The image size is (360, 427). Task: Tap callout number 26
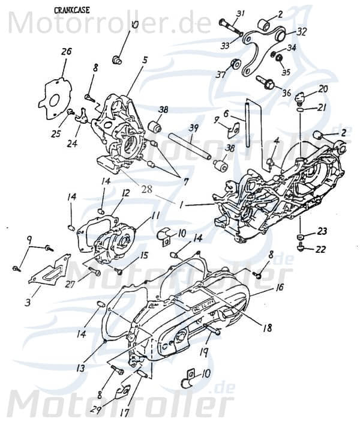(x=67, y=52)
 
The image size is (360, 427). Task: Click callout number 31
(x=241, y=14)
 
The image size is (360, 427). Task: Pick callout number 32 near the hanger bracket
(x=301, y=32)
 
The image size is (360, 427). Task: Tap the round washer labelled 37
(x=236, y=64)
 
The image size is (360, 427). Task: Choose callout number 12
(x=125, y=193)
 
